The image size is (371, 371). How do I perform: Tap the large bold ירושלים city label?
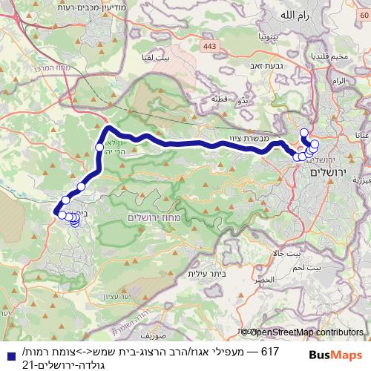point(327,172)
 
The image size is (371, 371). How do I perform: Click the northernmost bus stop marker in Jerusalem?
point(303,133)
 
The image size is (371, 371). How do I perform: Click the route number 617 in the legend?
point(272,349)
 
